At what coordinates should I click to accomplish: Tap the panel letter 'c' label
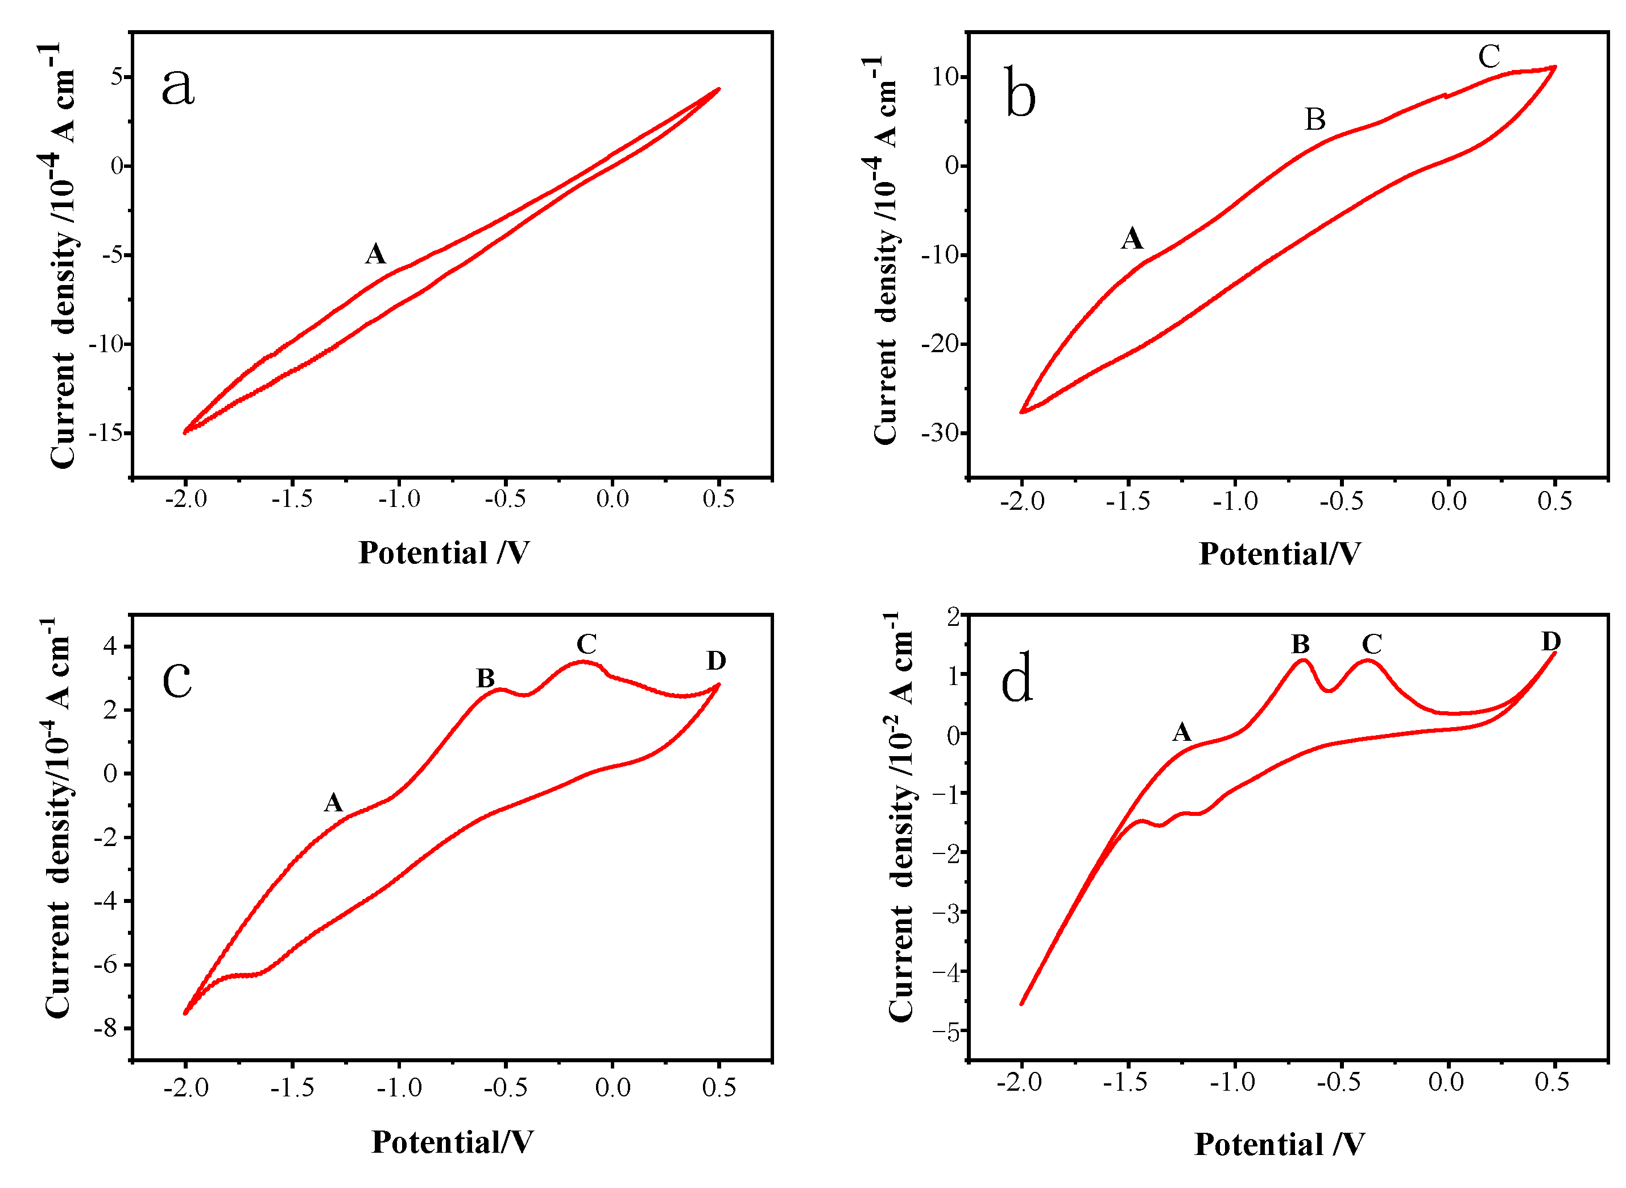[x=177, y=679]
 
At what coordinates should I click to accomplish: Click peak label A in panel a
[x=375, y=254]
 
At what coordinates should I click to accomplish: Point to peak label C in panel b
[x=1489, y=57]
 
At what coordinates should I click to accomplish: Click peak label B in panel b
[x=1315, y=119]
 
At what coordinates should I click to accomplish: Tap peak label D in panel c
[x=716, y=660]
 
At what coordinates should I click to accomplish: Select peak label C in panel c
[x=586, y=643]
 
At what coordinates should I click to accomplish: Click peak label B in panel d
[x=1300, y=643]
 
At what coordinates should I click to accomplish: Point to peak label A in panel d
[x=1182, y=732]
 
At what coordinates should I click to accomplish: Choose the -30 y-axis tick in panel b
[x=940, y=433]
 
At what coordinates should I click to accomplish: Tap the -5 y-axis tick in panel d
[x=945, y=1033]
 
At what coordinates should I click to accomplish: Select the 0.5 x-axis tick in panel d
[x=1552, y=1082]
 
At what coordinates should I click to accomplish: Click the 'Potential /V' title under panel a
[x=444, y=553]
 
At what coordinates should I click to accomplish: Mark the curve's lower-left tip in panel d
[x=1021, y=1004]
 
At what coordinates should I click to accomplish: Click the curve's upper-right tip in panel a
[x=719, y=89]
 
